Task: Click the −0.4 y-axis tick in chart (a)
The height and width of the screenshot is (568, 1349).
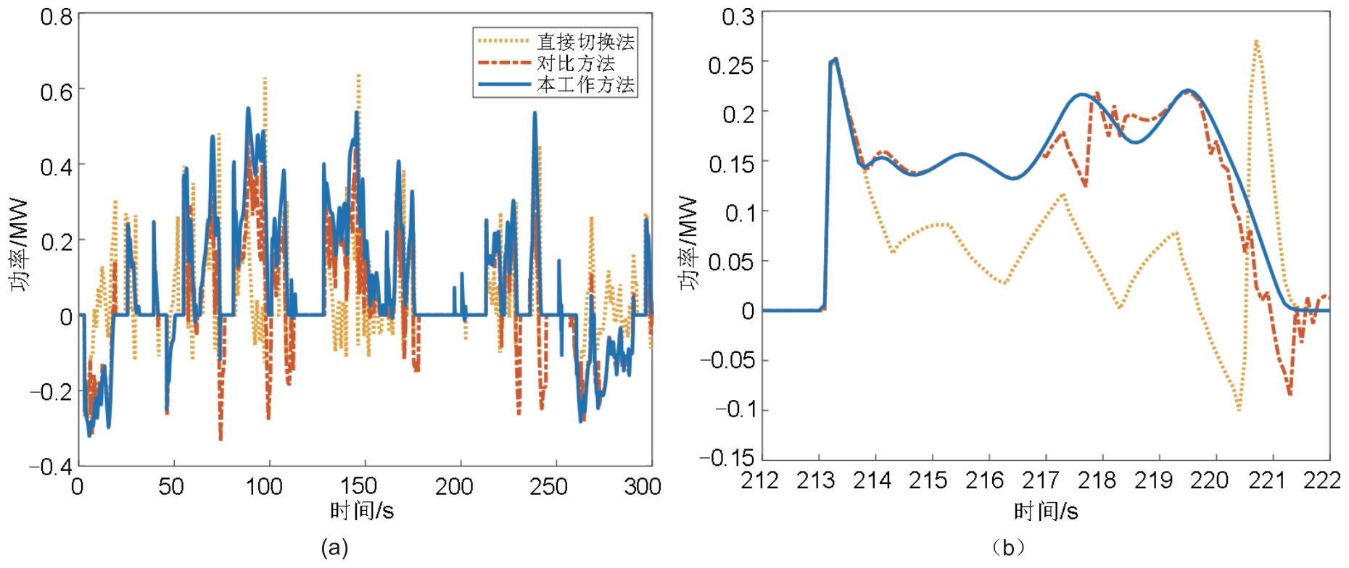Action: pyautogui.click(x=51, y=466)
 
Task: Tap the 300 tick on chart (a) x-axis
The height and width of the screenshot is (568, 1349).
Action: pyautogui.click(x=643, y=486)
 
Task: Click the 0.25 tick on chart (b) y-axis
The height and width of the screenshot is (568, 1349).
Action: pyautogui.click(x=730, y=65)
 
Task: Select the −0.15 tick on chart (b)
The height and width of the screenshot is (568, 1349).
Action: pyautogui.click(x=727, y=457)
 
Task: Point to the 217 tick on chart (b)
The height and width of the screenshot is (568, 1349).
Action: pyautogui.click(x=1041, y=480)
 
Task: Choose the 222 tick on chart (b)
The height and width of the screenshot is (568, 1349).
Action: pyautogui.click(x=1322, y=480)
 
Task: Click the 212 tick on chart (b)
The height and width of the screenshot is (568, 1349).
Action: pyautogui.click(x=759, y=480)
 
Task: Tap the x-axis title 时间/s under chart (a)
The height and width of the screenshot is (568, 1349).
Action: pyautogui.click(x=362, y=511)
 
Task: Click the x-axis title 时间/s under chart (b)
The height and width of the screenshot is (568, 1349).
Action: pyautogui.click(x=1046, y=511)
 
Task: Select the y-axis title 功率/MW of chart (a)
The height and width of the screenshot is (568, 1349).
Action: pyautogui.click(x=20, y=244)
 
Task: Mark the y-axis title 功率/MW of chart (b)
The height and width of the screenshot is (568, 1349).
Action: pyautogui.click(x=688, y=243)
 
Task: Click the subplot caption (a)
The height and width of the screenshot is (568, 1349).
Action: pyautogui.click(x=334, y=548)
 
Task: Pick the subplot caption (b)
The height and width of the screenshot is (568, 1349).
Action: pyautogui.click(x=1008, y=548)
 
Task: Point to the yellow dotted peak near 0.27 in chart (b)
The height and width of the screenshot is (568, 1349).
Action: pyautogui.click(x=1255, y=42)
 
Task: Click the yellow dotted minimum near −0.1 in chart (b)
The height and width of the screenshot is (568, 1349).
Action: pyautogui.click(x=1238, y=409)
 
